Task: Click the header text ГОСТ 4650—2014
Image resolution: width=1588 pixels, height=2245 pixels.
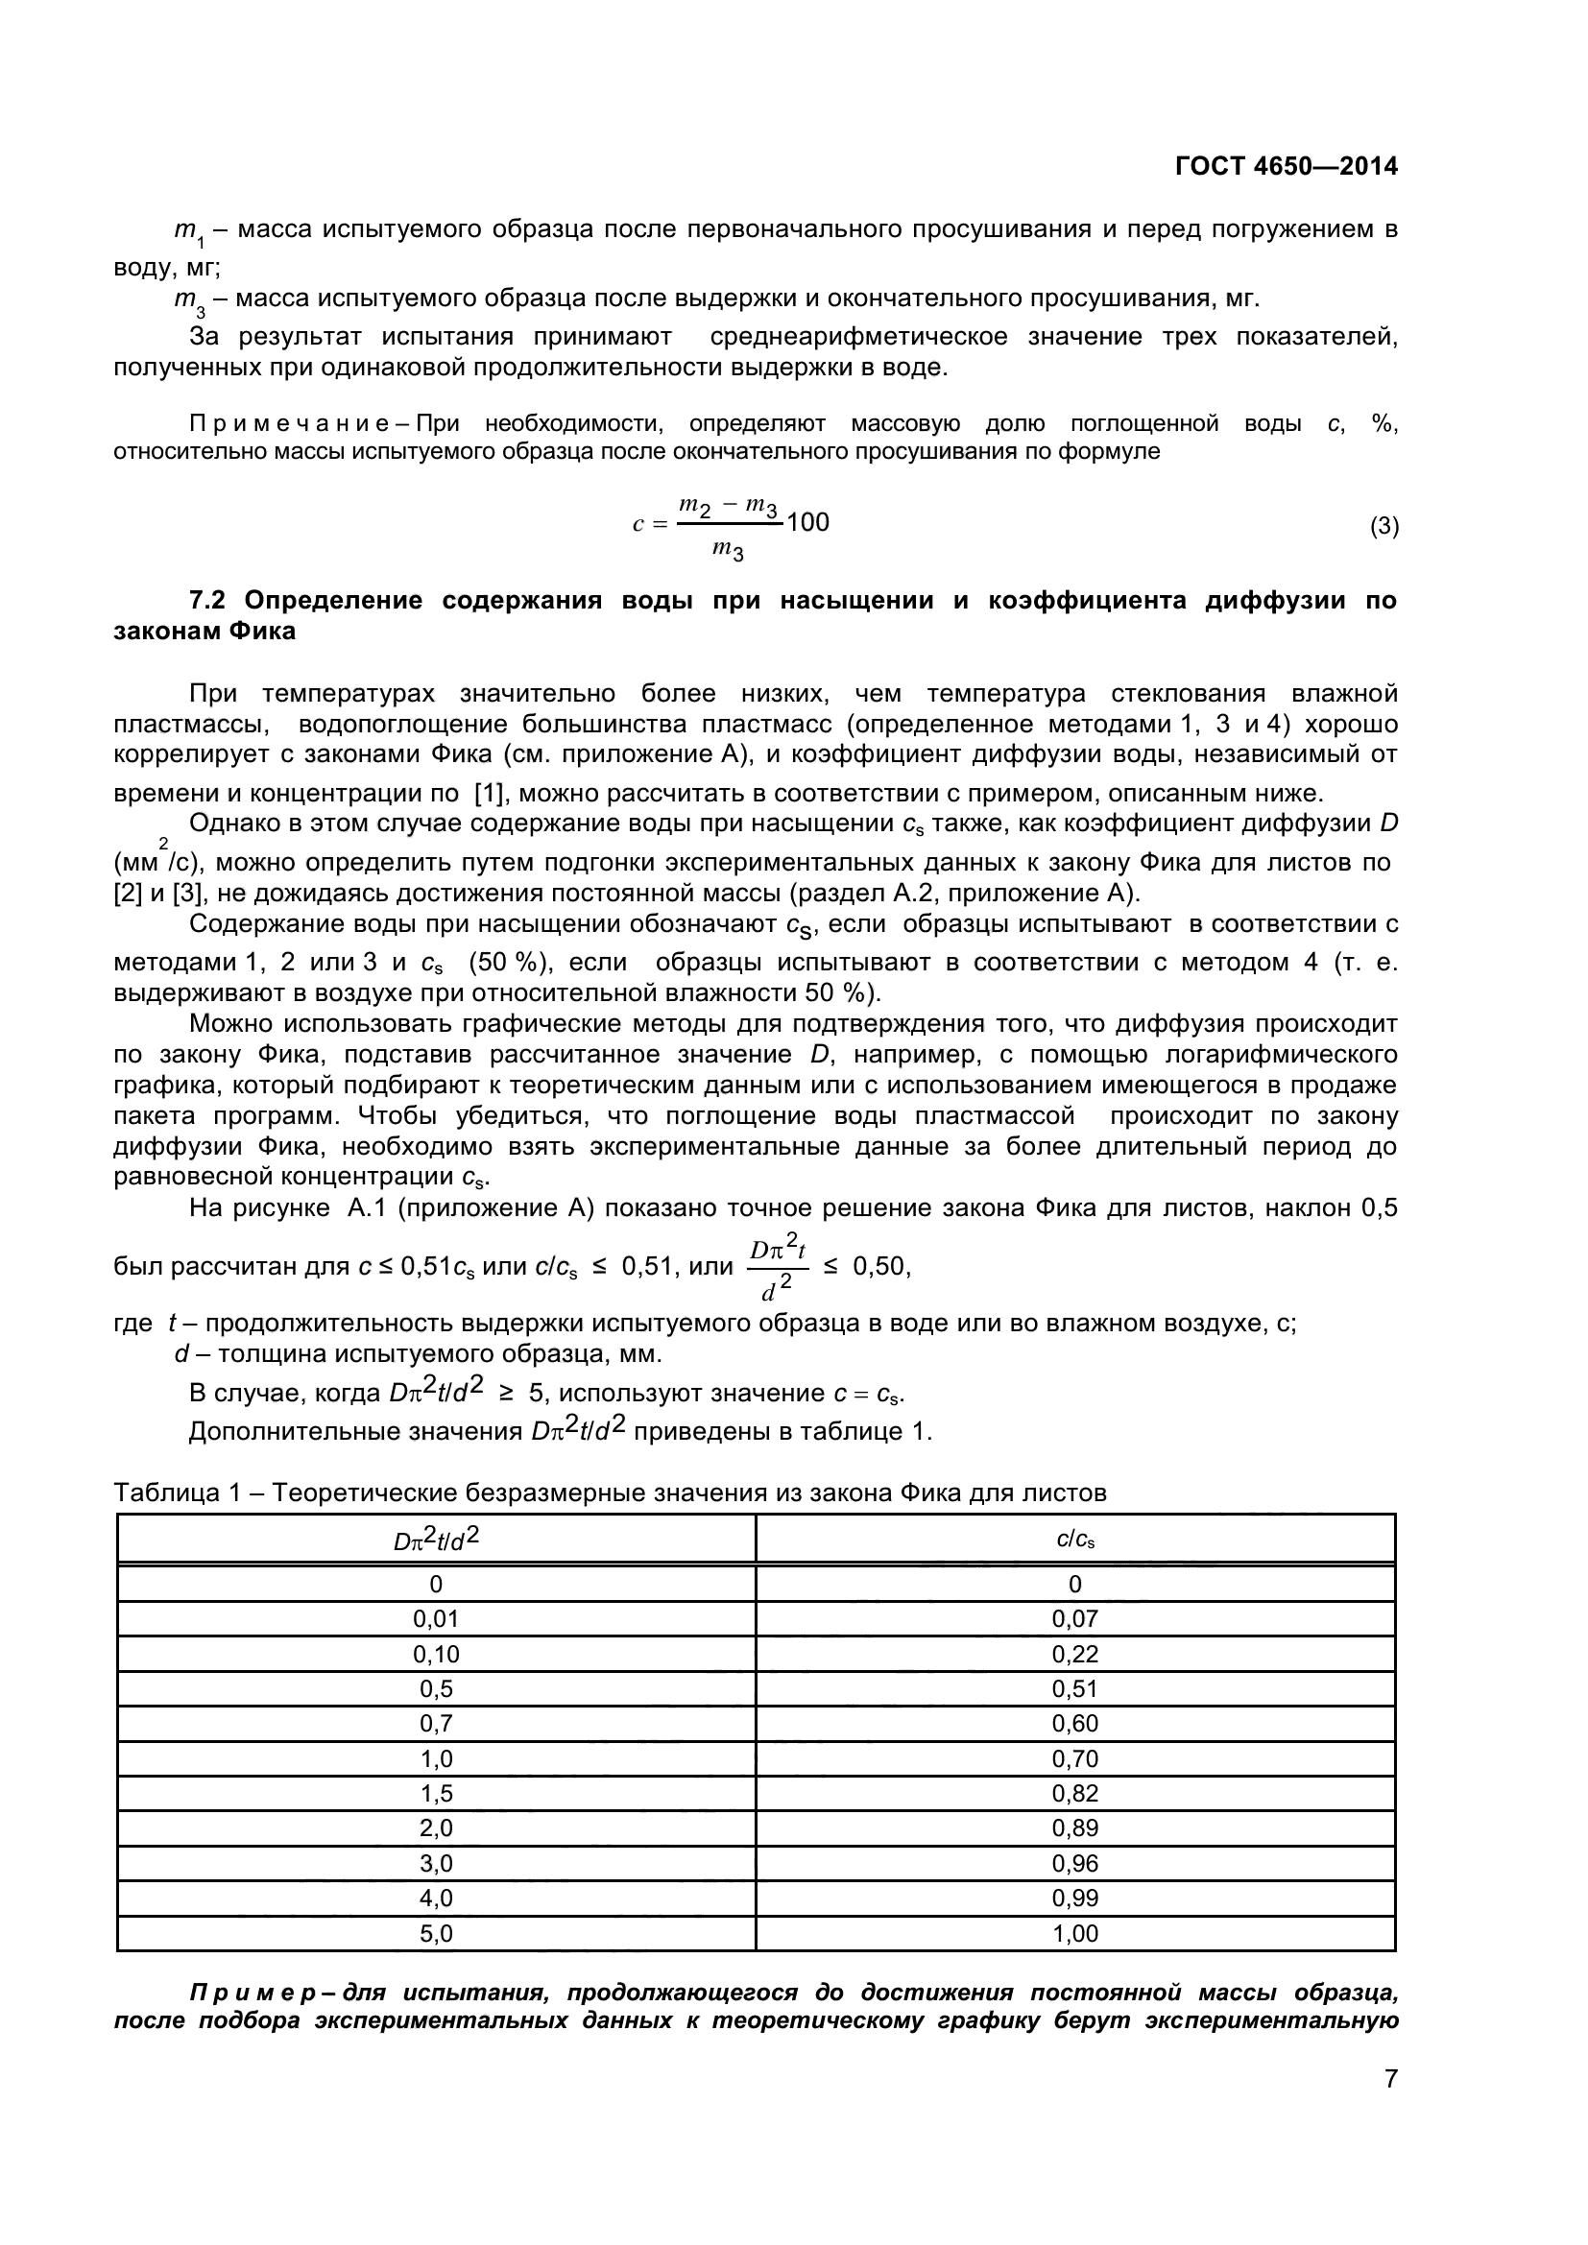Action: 1286,166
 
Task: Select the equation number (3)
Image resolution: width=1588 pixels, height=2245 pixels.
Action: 1383,526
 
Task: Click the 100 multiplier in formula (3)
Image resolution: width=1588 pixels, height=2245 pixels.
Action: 807,522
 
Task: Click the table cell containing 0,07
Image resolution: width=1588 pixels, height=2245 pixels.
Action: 1074,1618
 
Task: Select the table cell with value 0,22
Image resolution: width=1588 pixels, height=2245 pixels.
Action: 1074,1654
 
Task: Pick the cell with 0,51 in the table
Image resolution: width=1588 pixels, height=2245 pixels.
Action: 1074,1688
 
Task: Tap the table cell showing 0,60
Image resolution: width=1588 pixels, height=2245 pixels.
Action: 1074,1723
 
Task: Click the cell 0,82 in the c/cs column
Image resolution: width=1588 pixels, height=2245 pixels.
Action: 1074,1793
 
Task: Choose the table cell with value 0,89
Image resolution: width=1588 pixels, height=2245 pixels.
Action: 1074,1827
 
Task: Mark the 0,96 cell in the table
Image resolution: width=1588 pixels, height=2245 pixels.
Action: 1074,1863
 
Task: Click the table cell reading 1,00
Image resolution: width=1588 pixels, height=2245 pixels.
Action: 1074,1933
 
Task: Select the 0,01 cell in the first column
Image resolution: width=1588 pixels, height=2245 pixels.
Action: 436,1618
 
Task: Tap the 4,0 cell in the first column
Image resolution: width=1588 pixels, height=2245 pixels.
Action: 436,1898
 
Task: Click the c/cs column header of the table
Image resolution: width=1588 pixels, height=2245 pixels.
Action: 1074,1540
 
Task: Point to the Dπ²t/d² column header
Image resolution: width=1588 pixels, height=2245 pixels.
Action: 436,1540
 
